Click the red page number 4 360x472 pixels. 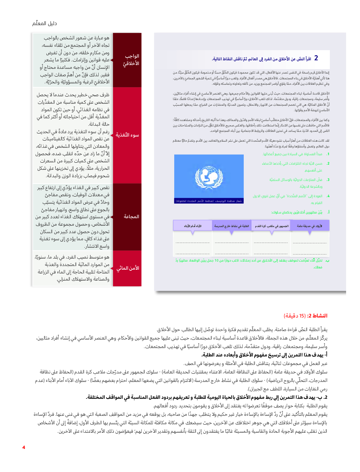point(24,447)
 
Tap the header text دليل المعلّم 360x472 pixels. point(44,23)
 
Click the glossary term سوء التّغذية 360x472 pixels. point(127,135)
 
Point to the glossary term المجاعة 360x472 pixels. point(131,217)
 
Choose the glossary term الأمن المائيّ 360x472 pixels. point(128,268)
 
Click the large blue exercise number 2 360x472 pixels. point(316,58)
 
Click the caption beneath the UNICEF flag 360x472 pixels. point(208,201)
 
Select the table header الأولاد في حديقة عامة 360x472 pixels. point(309,226)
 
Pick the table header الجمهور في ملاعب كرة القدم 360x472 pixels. point(272,226)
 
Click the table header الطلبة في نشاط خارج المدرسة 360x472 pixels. point(232,226)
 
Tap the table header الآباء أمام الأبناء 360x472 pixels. point(193,226)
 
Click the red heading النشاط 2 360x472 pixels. point(317,316)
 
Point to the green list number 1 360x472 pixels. point(328,154)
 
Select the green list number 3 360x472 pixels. point(328,180)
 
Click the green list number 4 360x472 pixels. point(328,196)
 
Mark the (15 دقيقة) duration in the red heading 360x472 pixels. point(295,316)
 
